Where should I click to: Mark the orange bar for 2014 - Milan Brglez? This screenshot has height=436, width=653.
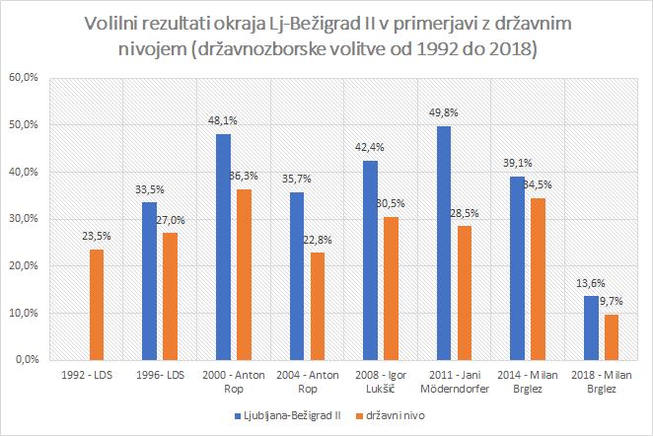pyautogui.click(x=539, y=279)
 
